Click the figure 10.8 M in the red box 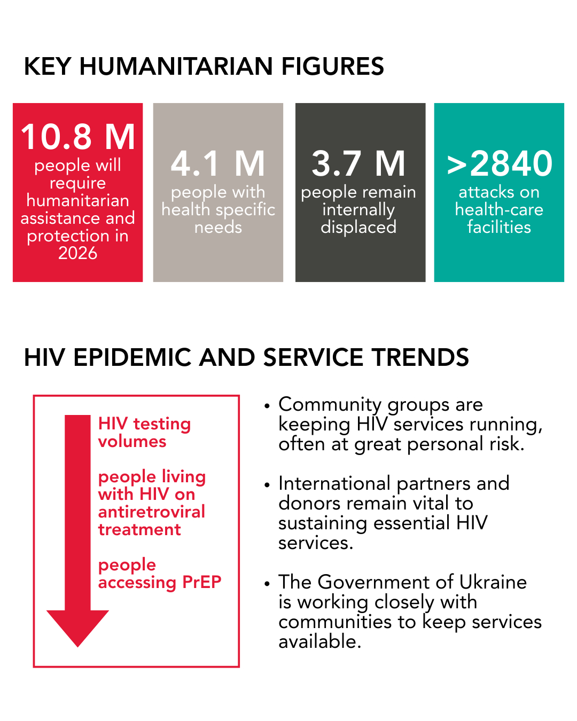[78, 137]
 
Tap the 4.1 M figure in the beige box [218, 163]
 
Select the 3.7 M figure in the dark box [358, 163]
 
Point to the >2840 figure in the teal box [500, 163]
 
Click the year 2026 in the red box [78, 253]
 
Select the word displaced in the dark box [358, 227]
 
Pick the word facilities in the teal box [499, 227]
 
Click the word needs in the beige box [218, 227]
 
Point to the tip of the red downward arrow [78, 646]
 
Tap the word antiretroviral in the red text [152, 512]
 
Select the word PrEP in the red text [201, 582]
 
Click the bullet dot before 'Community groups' [268, 406]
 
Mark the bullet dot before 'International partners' [268, 485]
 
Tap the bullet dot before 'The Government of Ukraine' [268, 583]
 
